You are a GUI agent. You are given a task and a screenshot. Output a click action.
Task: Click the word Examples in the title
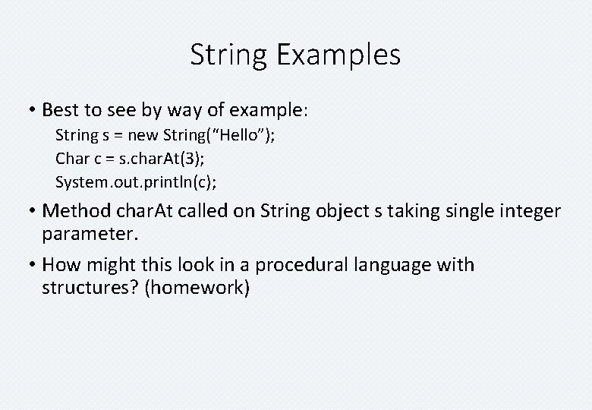tap(339, 55)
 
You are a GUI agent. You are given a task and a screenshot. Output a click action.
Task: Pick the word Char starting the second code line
tap(71, 159)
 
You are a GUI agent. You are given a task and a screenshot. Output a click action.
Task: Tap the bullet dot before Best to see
tap(32, 111)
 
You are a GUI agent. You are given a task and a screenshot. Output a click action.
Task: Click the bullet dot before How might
tap(32, 266)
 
